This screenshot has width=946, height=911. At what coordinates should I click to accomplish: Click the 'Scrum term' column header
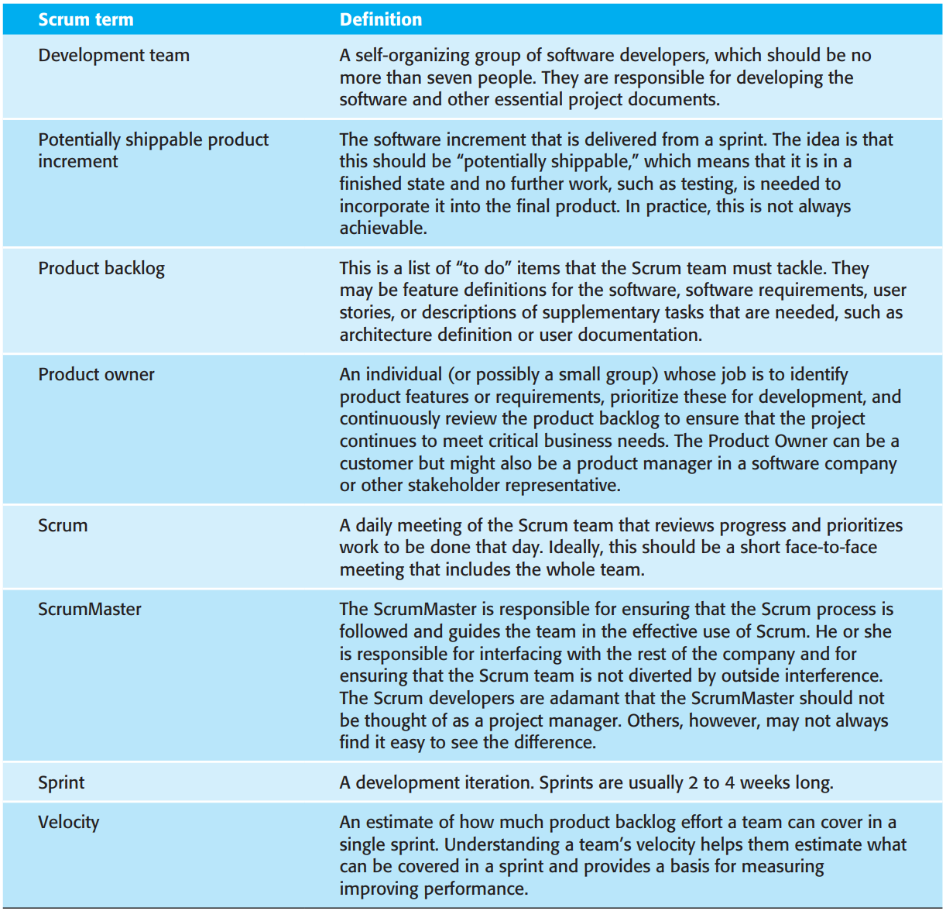tap(86, 19)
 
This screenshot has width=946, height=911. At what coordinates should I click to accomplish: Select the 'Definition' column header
tap(381, 19)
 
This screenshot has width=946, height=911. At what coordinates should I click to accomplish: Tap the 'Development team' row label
tap(114, 56)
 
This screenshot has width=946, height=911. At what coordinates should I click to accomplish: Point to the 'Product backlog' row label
tap(101, 269)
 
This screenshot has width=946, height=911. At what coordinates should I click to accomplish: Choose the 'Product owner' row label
tap(96, 375)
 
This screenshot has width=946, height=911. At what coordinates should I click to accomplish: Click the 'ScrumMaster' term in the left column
tap(90, 610)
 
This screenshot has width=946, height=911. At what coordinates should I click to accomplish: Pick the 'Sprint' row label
tap(61, 783)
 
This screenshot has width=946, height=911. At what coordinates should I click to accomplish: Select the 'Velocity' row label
tap(68, 823)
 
